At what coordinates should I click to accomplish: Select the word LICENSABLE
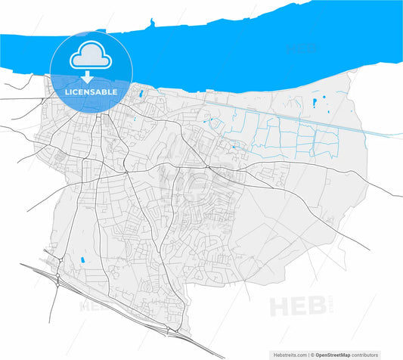(x=91, y=92)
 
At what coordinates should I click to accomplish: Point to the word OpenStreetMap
(x=336, y=353)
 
